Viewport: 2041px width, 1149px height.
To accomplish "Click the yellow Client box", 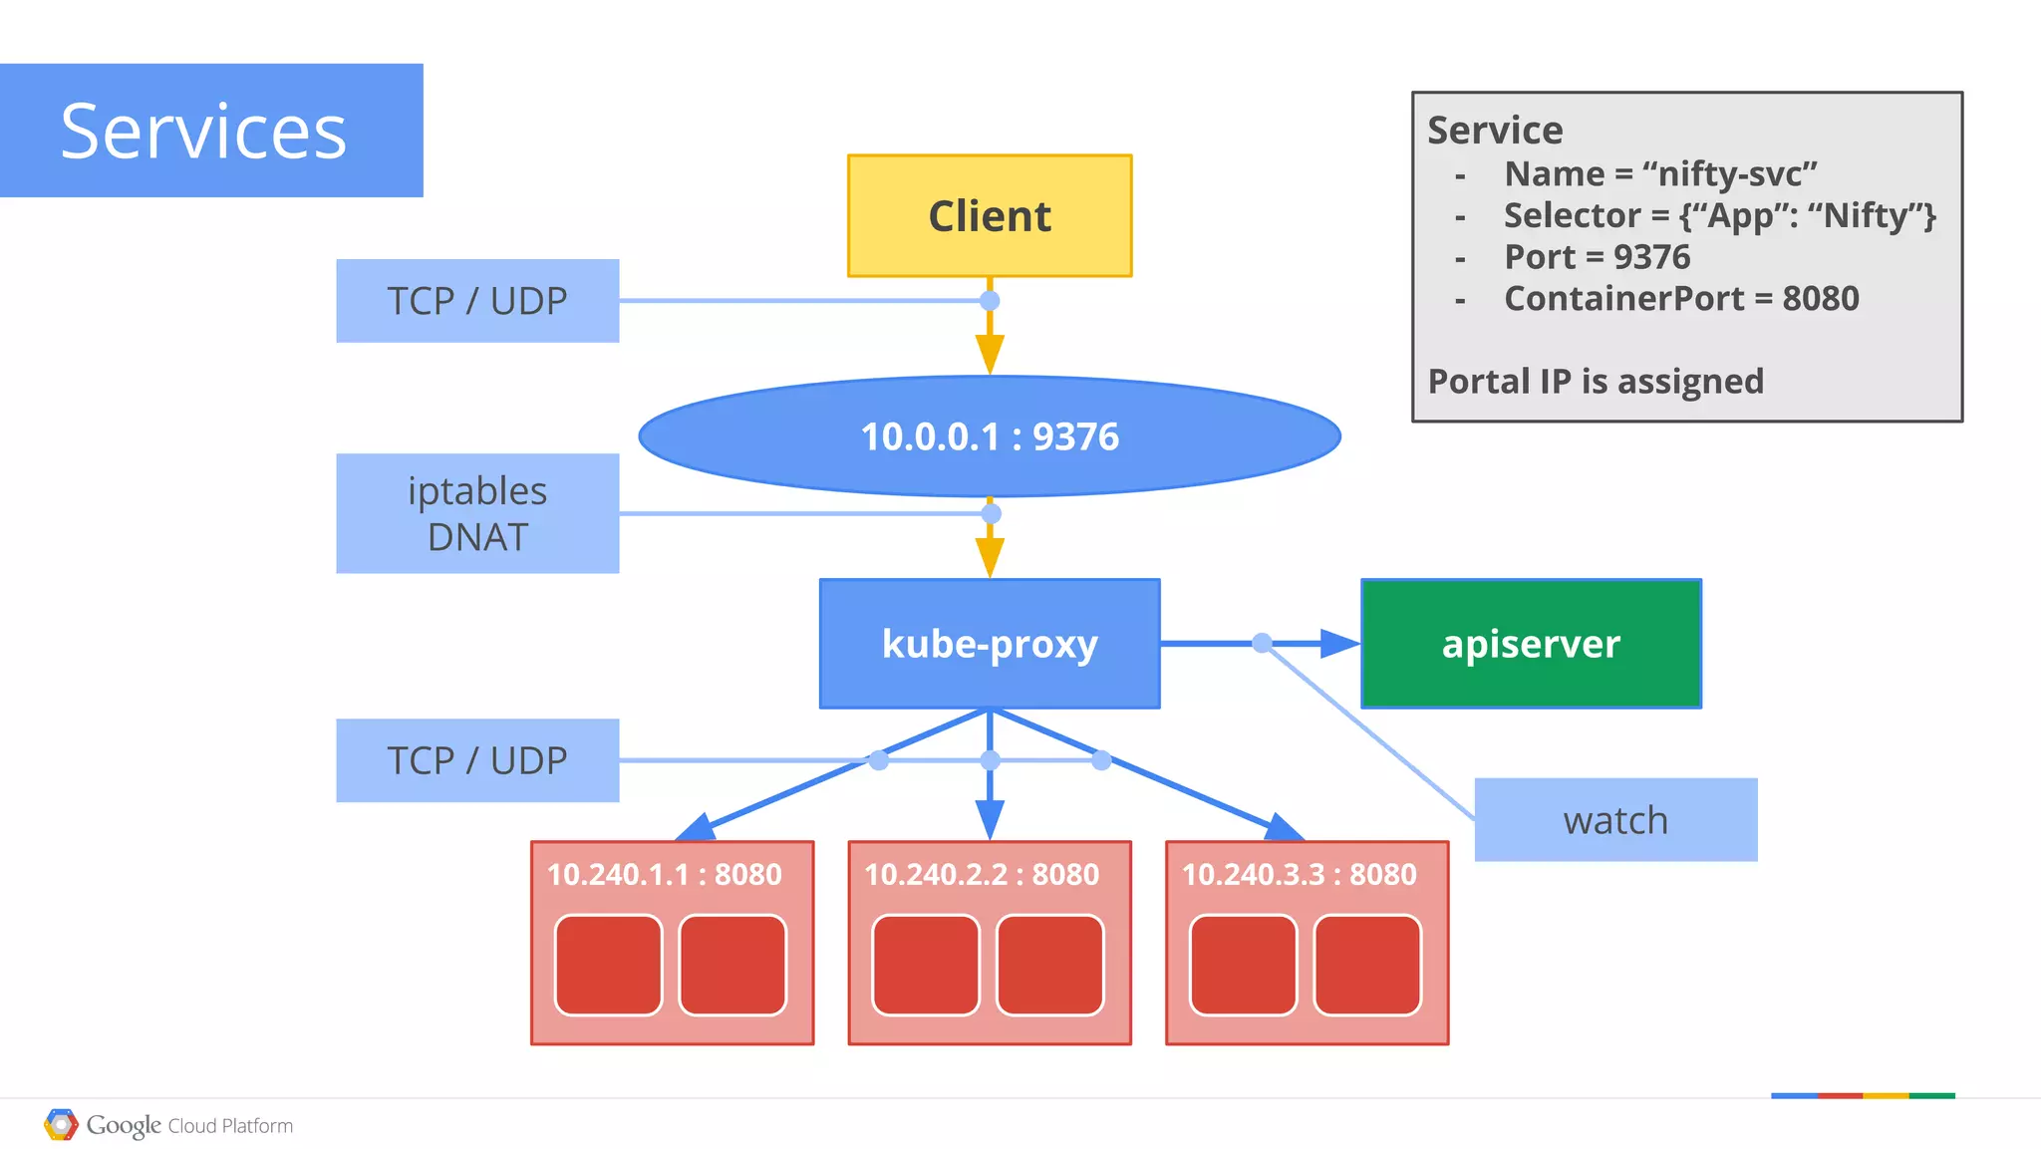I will pos(990,216).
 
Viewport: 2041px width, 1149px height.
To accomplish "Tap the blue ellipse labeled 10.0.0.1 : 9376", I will pos(990,436).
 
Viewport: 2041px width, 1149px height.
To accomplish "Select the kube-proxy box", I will pos(990,644).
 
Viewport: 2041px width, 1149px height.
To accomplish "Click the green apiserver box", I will pos(1531,644).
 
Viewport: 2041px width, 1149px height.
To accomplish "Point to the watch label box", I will pos(1615,820).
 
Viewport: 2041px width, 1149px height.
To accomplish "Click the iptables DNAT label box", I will pos(477,513).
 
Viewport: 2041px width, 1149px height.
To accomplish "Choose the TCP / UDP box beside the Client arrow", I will pos(477,301).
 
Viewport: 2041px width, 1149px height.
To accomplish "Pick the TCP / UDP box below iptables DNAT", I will pos(477,760).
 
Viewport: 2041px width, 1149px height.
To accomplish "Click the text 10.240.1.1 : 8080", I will pos(664,875).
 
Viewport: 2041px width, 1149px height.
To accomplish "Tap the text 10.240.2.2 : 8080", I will pos(982,875).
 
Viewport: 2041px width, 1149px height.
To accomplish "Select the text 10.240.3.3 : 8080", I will pos(1299,875).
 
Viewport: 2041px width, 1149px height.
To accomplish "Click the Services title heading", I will pos(204,131).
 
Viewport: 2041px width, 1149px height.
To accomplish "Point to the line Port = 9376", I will pos(1597,257).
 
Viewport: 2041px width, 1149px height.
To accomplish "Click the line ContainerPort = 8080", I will pos(1680,299).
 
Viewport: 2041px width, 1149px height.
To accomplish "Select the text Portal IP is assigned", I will pos(1596,382).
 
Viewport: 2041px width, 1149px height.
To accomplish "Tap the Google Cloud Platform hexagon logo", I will pos(61,1125).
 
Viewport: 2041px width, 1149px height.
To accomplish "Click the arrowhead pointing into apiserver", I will pos(1339,644).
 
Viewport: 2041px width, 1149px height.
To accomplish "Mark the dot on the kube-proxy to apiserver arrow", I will pos(1262,643).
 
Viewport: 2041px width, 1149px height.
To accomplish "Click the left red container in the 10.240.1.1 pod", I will pos(608,965).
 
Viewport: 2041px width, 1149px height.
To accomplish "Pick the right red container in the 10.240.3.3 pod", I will pos(1367,965).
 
